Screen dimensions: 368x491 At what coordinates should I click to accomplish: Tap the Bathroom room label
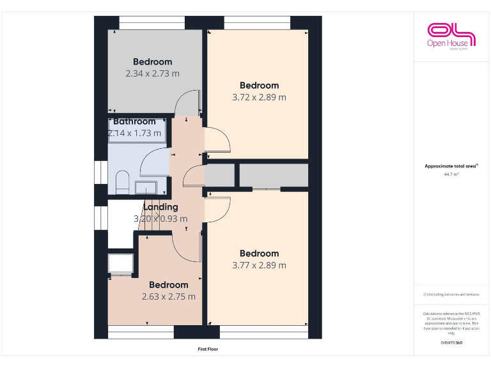[x=134, y=121]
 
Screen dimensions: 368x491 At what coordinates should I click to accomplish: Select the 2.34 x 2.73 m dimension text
[x=153, y=73]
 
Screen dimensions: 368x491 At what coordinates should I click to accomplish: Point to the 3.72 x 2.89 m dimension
[x=259, y=97]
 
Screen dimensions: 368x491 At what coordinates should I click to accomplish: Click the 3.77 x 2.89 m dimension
[x=259, y=265]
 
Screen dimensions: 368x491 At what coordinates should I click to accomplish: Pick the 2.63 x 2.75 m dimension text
[x=169, y=296]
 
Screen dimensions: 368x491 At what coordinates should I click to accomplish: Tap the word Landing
[x=160, y=207]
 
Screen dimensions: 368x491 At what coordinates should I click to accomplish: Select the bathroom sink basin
[x=146, y=187]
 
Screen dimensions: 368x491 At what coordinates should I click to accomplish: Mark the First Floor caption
[x=208, y=349]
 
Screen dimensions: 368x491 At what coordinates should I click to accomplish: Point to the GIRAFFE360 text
[x=451, y=343]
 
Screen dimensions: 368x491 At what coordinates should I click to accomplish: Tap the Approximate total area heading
[x=450, y=166]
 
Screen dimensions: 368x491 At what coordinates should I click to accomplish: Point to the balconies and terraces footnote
[x=451, y=295]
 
